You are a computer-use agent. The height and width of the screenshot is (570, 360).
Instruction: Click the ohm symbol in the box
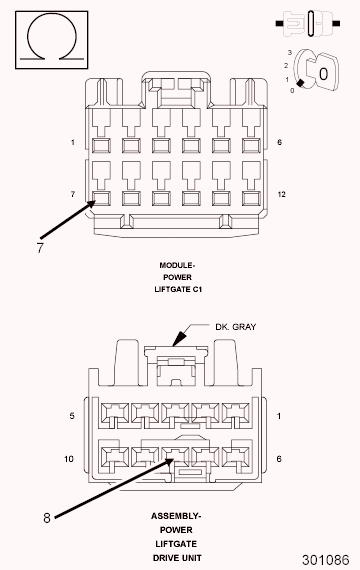coord(52,16)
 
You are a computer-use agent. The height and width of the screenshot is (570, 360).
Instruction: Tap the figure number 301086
coord(325,560)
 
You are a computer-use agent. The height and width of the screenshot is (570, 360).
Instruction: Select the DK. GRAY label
coord(236,327)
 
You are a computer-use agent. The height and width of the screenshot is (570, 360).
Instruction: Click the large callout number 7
coord(40,248)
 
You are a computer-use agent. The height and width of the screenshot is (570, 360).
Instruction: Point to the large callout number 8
coord(47,518)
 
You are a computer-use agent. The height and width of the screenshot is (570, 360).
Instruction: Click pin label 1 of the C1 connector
coord(73,142)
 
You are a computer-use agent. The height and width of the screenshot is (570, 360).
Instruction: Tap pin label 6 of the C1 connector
coord(279,142)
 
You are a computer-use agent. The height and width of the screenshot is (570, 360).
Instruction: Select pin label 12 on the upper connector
coord(281,194)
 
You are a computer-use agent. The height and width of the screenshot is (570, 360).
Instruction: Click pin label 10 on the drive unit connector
coord(69,459)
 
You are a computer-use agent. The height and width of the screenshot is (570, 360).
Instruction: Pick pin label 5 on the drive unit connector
coord(72,416)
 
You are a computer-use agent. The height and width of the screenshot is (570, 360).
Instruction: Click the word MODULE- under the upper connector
coord(177,265)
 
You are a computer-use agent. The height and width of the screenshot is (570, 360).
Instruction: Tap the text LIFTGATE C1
coord(178,289)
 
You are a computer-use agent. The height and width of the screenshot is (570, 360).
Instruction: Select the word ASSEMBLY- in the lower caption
coord(176,516)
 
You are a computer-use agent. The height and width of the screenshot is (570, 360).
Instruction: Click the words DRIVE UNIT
coord(177,558)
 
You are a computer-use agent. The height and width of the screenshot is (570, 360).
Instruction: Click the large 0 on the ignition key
coord(323,74)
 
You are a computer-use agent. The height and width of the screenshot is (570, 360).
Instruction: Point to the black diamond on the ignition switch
coord(300,83)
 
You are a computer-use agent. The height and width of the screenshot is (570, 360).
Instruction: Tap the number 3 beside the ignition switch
coord(290,53)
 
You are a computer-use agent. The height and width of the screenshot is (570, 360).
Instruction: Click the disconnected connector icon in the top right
coord(308,24)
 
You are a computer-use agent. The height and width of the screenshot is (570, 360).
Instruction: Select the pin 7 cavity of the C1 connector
coord(101,198)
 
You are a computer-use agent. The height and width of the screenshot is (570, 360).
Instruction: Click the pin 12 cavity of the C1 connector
coord(251,198)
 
